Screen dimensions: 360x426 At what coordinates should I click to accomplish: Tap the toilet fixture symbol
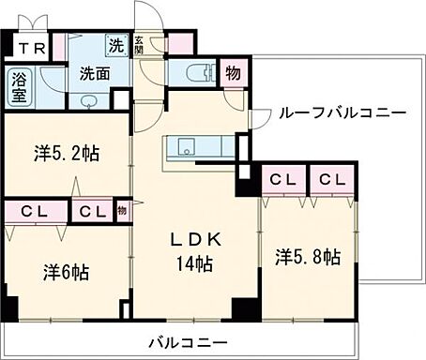[x=198, y=72]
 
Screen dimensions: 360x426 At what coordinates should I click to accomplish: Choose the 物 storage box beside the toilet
[x=232, y=73]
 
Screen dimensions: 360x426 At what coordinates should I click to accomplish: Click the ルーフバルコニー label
[x=341, y=112]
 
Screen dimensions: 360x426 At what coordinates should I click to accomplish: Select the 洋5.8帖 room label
[x=307, y=255]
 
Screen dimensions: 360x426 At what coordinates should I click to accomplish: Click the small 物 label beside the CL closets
[x=122, y=212]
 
